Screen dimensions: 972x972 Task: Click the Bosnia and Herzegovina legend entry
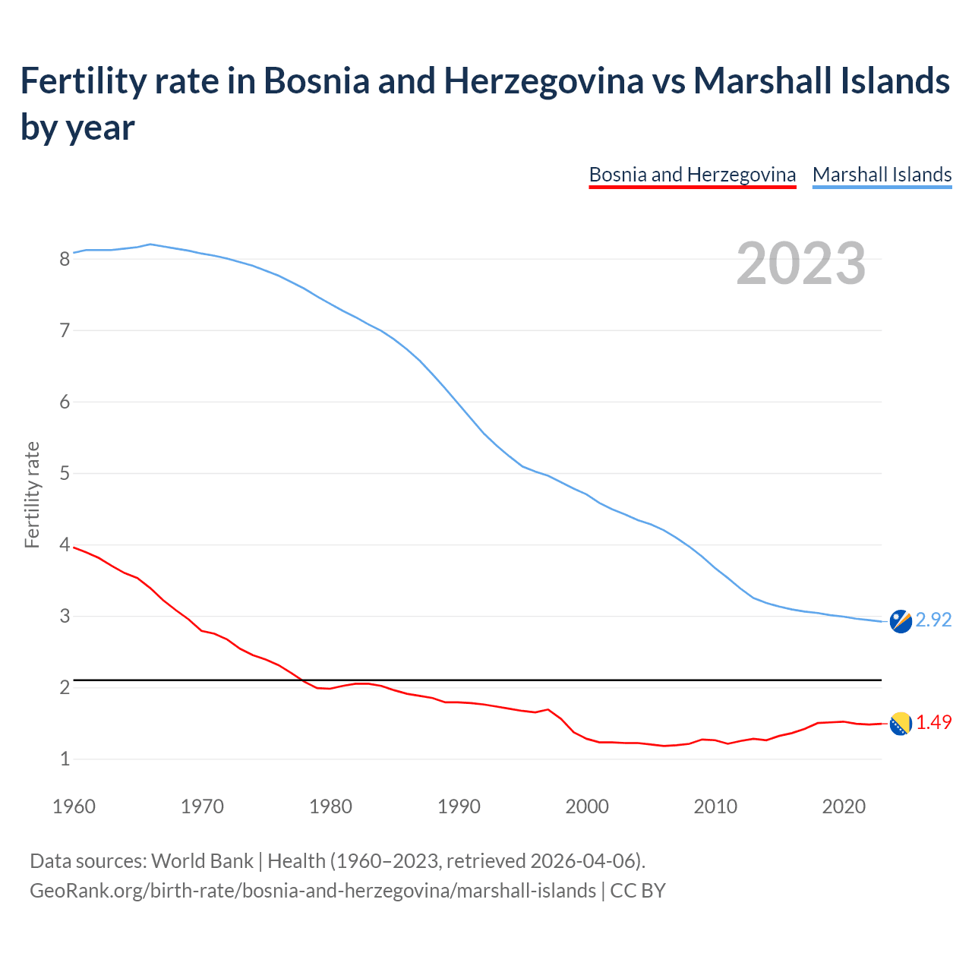point(692,175)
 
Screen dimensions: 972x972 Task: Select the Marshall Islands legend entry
point(882,175)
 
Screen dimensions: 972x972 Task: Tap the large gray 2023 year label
point(800,264)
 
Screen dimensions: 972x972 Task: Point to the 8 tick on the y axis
point(65,260)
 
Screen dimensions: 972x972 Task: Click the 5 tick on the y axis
point(65,474)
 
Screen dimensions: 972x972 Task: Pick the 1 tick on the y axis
point(65,759)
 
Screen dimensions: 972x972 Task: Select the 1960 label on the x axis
point(74,806)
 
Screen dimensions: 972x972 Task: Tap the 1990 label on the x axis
point(459,806)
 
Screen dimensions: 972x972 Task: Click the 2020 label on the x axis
point(844,806)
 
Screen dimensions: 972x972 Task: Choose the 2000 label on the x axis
point(587,806)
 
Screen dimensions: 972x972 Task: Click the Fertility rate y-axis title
point(32,494)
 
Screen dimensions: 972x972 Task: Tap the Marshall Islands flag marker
point(900,621)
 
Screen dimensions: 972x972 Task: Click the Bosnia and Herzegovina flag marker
point(900,724)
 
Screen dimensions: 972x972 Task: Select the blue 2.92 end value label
point(933,620)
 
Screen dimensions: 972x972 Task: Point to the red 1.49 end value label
point(933,723)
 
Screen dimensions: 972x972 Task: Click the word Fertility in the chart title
point(81,80)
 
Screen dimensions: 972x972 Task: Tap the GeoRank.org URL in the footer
point(312,891)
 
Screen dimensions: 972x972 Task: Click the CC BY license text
point(638,891)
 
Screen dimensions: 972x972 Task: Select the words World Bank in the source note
point(202,861)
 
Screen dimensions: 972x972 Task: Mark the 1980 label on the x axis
point(330,806)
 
